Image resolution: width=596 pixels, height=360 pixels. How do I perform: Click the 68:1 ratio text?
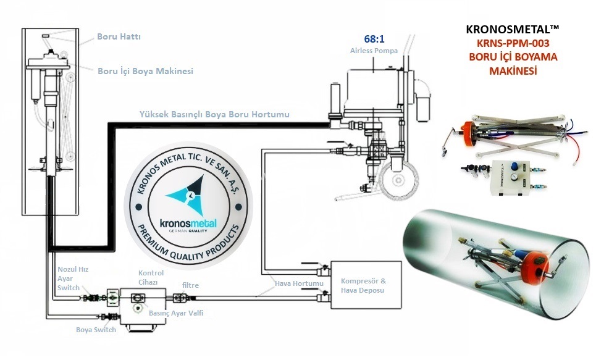pyautogui.click(x=374, y=39)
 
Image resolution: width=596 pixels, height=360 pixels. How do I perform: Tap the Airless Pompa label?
pyautogui.click(x=374, y=51)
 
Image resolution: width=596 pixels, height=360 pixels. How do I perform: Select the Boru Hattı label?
pyautogui.click(x=119, y=36)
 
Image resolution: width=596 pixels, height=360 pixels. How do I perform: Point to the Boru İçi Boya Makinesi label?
pyautogui.click(x=146, y=71)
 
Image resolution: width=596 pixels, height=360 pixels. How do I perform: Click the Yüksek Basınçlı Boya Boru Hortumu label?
pyautogui.click(x=214, y=114)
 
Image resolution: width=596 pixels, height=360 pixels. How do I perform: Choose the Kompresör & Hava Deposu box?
pyautogui.click(x=366, y=285)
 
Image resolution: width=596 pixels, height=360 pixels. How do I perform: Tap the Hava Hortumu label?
pyautogui.click(x=299, y=283)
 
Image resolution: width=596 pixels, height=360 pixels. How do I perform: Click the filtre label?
pyautogui.click(x=190, y=285)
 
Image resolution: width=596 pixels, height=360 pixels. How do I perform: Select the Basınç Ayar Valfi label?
pyautogui.click(x=176, y=313)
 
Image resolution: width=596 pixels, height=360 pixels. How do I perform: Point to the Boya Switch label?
pyautogui.click(x=96, y=330)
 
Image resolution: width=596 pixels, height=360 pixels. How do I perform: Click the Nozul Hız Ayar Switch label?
pyautogui.click(x=73, y=278)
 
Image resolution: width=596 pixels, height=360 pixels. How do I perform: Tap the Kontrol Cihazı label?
pyautogui.click(x=151, y=277)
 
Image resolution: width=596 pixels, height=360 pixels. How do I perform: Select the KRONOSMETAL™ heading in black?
pyautogui.click(x=513, y=29)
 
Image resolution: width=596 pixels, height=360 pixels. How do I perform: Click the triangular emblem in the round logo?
pyautogui.click(x=189, y=195)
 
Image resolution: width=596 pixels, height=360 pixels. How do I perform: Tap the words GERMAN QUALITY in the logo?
pyautogui.click(x=188, y=231)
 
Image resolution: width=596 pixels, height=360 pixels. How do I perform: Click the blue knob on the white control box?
pyautogui.click(x=515, y=166)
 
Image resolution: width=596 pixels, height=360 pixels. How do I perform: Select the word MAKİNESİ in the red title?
pyautogui.click(x=513, y=71)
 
